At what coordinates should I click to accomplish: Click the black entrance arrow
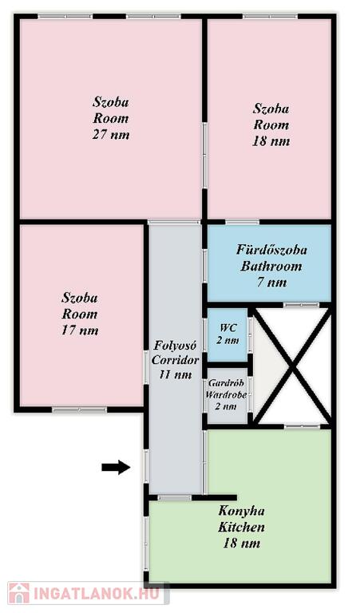[x=116, y=467]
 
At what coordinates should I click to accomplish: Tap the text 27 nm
[x=111, y=135]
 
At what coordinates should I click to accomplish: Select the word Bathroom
[x=271, y=267]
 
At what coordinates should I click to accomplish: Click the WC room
[x=227, y=335]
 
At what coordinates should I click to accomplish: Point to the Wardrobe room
[x=227, y=396]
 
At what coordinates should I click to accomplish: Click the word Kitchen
[x=241, y=527]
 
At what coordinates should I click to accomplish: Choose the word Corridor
[x=175, y=360]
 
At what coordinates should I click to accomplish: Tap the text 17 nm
[x=80, y=330]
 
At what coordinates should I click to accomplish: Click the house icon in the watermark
[x=19, y=593]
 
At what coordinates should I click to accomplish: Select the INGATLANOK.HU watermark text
[x=97, y=594]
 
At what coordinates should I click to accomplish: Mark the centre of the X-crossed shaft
[x=292, y=366]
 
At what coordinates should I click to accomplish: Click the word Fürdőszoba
[x=271, y=250]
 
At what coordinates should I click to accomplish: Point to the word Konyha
[x=242, y=511]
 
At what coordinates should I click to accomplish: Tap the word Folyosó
[x=175, y=345]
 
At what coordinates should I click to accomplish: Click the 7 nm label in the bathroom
[x=271, y=283]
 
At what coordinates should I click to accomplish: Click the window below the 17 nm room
[x=79, y=409]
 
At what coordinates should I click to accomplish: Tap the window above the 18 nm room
[x=270, y=17]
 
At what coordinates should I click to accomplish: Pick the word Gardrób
[x=227, y=383]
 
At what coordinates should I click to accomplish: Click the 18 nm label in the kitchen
[x=242, y=543]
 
